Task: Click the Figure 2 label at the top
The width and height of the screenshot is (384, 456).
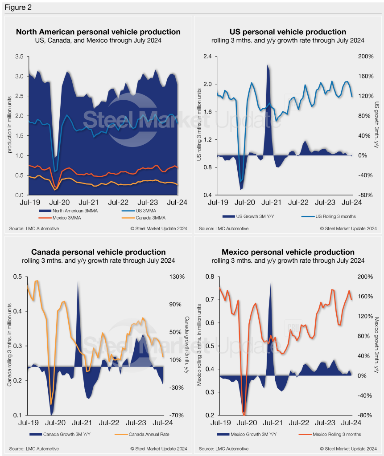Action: point(17,8)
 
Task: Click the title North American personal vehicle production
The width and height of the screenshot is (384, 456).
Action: point(98,32)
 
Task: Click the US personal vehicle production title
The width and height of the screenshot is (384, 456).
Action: point(287,32)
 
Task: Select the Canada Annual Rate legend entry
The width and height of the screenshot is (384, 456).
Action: point(140,434)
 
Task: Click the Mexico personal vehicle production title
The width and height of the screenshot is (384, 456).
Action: point(287,252)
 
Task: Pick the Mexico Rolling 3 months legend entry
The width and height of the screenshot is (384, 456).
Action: point(333,434)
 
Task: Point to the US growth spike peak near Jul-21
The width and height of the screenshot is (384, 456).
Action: point(268,65)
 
